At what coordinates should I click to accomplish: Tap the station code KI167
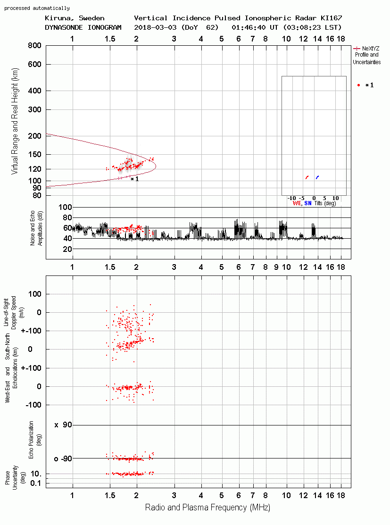point(331,18)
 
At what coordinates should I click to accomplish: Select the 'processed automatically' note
point(37,8)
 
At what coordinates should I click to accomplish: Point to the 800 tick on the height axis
point(34,46)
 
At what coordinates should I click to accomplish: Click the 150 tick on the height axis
point(34,154)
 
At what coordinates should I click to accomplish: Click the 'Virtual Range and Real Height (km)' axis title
point(15,121)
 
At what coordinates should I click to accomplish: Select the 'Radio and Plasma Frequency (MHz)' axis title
point(207,508)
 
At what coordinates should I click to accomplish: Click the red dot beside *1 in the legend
point(358,85)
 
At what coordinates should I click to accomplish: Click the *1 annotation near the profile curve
point(134,179)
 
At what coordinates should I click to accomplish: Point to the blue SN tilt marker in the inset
point(317,177)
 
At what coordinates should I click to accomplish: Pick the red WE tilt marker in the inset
point(307,177)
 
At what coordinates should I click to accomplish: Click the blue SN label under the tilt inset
point(307,203)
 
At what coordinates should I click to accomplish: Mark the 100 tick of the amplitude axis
point(65,207)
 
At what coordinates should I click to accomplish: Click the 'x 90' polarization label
point(63,425)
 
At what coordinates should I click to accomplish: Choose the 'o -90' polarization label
point(63,458)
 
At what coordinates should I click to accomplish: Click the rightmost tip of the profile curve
point(156,166)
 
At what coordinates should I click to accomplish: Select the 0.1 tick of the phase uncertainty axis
point(35,483)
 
